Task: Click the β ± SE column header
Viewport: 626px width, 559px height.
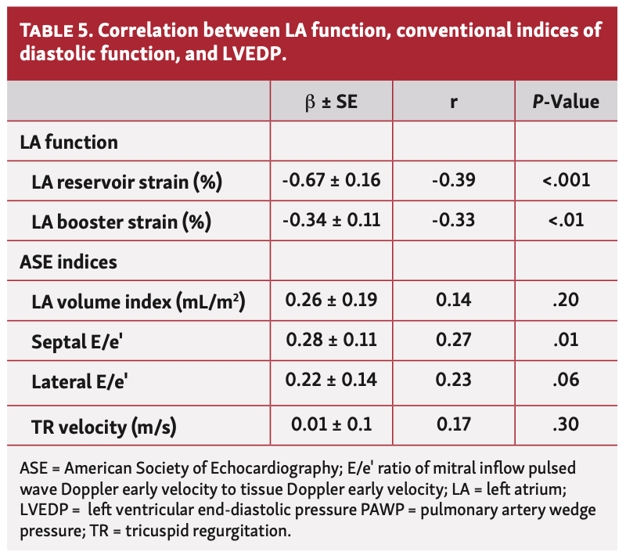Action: point(330,102)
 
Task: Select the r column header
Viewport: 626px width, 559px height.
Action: point(453,102)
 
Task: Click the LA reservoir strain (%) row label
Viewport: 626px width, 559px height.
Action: point(128,182)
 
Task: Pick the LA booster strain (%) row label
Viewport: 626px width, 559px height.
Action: point(121,222)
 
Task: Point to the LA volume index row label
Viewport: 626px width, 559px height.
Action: point(139,301)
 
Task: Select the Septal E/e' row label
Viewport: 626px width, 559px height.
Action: point(80,341)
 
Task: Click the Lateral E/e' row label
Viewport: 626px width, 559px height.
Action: point(80,381)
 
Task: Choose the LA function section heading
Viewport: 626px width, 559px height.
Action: point(69,142)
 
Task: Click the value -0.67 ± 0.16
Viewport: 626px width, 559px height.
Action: point(330,181)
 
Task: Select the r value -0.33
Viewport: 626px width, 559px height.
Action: point(453,221)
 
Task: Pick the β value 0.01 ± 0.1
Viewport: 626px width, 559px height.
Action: point(330,425)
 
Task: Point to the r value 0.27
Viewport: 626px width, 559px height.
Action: point(453,340)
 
